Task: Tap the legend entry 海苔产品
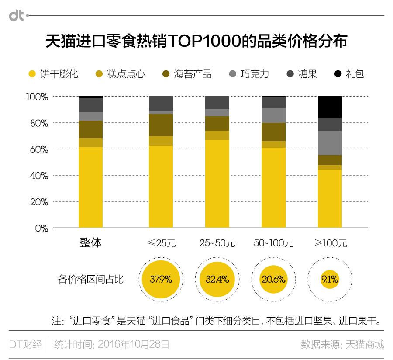click(186, 74)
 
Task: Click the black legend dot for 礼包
click(338, 74)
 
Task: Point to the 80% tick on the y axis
click(38, 123)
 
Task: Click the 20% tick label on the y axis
click(38, 202)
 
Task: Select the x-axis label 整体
click(90, 243)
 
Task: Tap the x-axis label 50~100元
click(273, 243)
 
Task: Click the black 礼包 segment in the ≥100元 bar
click(330, 107)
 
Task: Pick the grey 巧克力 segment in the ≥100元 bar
click(330, 142)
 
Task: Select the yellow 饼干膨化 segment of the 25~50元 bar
click(217, 183)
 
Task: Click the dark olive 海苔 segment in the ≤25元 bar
click(161, 125)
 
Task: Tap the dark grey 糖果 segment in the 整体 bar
click(90, 105)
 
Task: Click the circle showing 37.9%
click(161, 279)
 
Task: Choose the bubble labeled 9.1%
click(330, 279)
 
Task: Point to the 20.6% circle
click(273, 279)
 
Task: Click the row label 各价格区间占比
click(90, 279)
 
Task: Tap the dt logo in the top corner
click(17, 16)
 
